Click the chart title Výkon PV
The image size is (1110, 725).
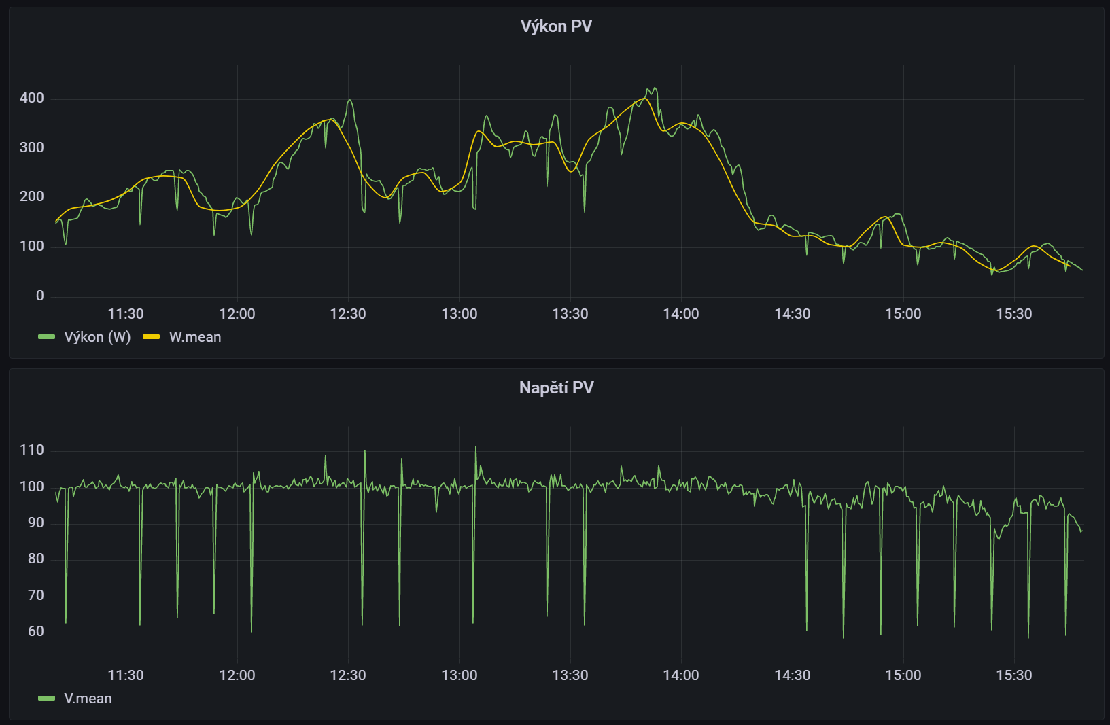tap(556, 26)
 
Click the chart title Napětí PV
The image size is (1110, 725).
tap(556, 388)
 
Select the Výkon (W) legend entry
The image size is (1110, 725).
tap(97, 337)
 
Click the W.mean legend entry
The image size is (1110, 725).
tap(194, 337)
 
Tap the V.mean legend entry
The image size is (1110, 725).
tap(88, 699)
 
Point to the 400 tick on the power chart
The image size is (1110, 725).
tap(32, 99)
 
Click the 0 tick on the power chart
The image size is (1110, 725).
tap(40, 296)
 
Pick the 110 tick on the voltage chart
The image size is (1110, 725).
tap(32, 450)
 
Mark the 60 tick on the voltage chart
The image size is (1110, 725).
tap(36, 632)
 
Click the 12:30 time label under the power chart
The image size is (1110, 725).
tap(348, 314)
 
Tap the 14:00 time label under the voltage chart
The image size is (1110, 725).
tap(681, 675)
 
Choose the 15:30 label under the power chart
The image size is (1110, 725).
tap(1014, 314)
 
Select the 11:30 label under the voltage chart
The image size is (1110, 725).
tap(126, 675)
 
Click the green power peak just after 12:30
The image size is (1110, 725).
tap(349, 101)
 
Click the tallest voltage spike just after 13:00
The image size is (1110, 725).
tap(476, 447)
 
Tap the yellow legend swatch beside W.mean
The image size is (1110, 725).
tap(151, 337)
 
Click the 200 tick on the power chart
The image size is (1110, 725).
tap(32, 197)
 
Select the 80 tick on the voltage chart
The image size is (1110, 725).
tap(36, 559)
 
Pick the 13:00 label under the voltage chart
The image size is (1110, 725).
tap(459, 675)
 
